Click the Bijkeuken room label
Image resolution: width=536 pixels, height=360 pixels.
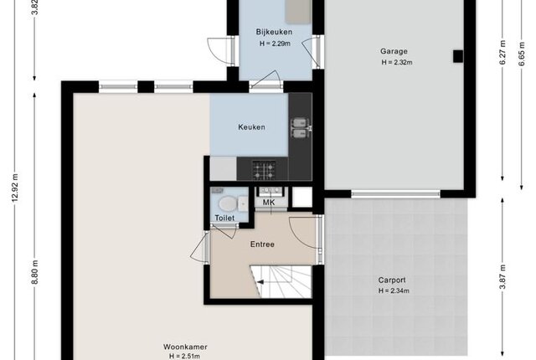[274, 32]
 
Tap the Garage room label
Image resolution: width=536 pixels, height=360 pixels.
[394, 51]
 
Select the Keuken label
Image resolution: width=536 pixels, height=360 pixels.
[251, 127]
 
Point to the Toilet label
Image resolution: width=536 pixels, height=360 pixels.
[224, 218]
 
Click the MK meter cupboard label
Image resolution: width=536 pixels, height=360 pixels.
[269, 203]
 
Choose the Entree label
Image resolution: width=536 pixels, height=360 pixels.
[262, 244]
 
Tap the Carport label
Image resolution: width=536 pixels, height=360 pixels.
[392, 280]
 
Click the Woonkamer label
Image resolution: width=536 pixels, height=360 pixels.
[185, 347]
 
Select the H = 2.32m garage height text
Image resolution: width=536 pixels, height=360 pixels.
[397, 63]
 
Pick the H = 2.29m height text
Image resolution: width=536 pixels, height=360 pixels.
[275, 44]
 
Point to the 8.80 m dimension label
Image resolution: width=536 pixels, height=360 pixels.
[34, 272]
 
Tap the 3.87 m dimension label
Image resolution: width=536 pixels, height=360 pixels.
[502, 277]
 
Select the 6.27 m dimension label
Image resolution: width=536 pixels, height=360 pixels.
[502, 53]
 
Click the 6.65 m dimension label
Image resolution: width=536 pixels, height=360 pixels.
[521, 54]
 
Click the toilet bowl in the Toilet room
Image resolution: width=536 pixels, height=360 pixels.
[228, 204]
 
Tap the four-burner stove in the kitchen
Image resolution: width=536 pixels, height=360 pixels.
[264, 170]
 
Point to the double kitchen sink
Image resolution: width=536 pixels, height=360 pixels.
[300, 128]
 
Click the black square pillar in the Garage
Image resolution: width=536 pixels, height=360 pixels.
[458, 56]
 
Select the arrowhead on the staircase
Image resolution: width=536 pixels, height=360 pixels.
[260, 282]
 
